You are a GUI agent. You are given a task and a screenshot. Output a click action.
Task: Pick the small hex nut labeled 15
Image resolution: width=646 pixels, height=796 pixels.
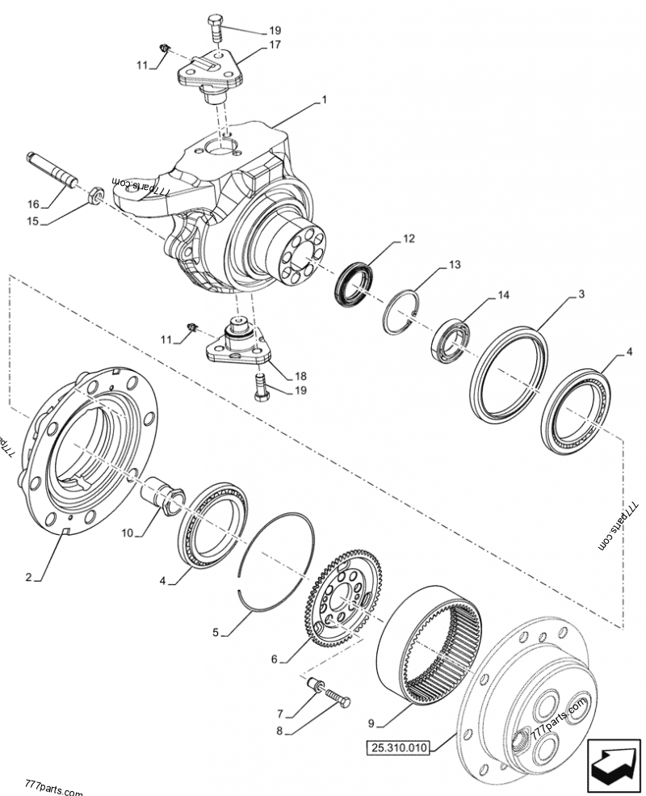click(x=94, y=194)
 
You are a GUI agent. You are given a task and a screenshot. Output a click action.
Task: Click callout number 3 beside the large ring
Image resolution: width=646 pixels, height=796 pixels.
click(x=581, y=297)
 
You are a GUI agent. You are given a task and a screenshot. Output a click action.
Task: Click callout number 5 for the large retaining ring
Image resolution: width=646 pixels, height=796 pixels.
click(x=215, y=633)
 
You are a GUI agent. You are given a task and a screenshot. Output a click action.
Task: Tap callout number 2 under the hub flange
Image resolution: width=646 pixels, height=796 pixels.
click(x=28, y=577)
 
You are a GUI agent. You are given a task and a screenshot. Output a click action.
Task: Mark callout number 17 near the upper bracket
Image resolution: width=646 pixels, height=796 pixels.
click(x=275, y=45)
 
